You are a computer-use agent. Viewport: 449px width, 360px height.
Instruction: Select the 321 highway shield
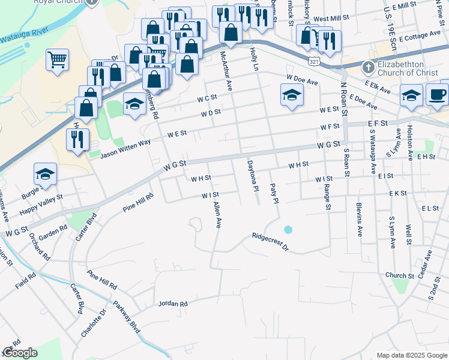(x=315, y=61)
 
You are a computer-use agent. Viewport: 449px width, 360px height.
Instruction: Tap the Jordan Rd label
(x=173, y=304)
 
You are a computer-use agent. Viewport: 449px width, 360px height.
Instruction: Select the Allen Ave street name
(x=217, y=214)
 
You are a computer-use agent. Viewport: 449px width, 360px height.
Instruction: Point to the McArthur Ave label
(x=225, y=71)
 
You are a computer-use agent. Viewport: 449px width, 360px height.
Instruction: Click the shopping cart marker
(x=58, y=59)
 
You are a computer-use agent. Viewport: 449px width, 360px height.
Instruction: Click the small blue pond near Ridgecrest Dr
(x=288, y=230)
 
